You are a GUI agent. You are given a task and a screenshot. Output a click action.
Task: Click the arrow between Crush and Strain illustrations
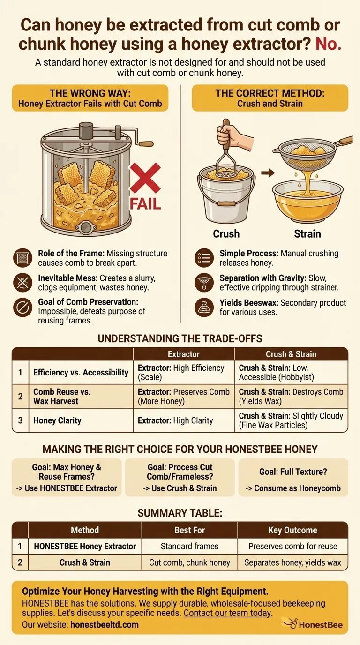(x=268, y=173)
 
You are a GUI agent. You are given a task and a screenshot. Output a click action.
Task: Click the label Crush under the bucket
(x=226, y=233)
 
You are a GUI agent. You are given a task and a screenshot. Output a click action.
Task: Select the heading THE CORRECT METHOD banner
(x=270, y=98)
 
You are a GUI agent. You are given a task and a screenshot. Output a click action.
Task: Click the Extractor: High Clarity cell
(x=175, y=421)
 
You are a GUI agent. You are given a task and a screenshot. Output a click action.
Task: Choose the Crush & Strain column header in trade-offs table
(x=291, y=354)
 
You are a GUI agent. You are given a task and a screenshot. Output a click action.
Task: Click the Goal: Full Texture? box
(x=293, y=477)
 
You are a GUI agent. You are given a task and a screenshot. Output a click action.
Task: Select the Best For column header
(x=189, y=530)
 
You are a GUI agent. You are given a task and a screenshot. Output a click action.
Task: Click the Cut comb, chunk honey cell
(x=189, y=562)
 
